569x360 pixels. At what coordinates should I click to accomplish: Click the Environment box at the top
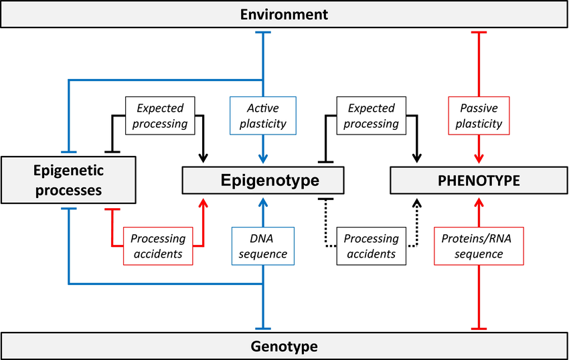(x=284, y=14)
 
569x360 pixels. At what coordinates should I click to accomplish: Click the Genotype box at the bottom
(x=284, y=346)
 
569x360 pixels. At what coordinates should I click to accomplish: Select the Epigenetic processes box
(x=68, y=180)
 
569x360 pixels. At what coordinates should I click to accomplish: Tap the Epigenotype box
(x=262, y=181)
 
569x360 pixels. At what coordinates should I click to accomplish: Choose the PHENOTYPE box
(x=479, y=181)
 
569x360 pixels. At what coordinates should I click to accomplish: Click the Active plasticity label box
(x=262, y=116)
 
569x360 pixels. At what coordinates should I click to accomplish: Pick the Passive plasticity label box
(x=479, y=116)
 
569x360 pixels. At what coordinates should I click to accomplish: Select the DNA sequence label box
(x=262, y=246)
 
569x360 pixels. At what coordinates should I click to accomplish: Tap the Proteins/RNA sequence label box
(x=479, y=246)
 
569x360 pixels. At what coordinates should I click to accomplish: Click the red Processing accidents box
(x=158, y=246)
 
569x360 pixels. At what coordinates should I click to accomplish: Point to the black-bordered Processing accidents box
(x=372, y=246)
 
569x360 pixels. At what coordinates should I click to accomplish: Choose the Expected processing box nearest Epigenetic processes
(x=160, y=116)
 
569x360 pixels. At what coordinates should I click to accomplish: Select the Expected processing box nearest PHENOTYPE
(x=372, y=116)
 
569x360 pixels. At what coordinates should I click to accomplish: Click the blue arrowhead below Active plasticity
(x=262, y=159)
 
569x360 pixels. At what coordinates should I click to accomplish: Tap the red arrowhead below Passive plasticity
(x=479, y=159)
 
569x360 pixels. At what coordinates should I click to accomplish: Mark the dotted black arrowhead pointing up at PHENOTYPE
(x=417, y=203)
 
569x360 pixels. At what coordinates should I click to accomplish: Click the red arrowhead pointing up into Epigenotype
(x=204, y=203)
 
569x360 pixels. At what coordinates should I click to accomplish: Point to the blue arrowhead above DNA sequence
(x=262, y=203)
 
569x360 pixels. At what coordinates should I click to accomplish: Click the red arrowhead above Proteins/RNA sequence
(x=479, y=203)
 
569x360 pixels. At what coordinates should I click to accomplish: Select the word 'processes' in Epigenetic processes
(x=68, y=191)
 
